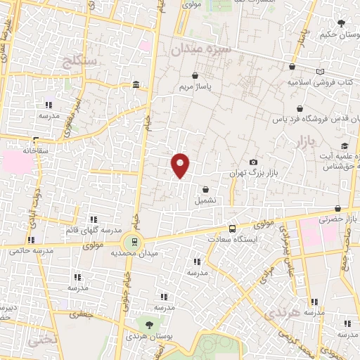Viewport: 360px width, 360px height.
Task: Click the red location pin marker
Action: click(x=181, y=165)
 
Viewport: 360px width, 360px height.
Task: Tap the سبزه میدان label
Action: click(x=203, y=50)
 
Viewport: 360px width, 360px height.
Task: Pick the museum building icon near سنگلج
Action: click(x=136, y=86)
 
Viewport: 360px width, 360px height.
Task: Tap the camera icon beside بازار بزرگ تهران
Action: click(x=253, y=162)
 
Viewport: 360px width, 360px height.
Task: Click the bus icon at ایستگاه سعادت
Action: click(x=232, y=229)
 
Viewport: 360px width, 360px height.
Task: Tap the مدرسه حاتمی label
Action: click(x=28, y=250)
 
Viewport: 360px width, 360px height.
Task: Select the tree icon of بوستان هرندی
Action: click(x=149, y=325)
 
